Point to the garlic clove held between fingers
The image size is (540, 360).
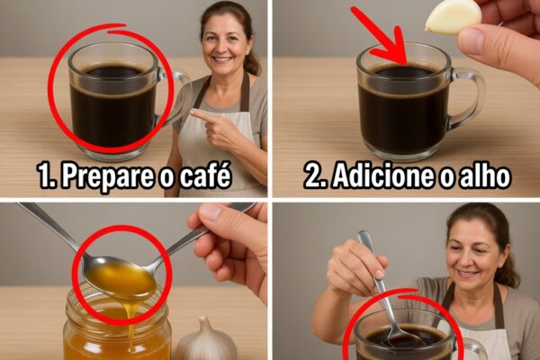pyautogui.click(x=452, y=17)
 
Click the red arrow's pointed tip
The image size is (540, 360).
pyautogui.click(x=407, y=64)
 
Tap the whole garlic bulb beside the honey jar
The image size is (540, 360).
pyautogui.click(x=205, y=340)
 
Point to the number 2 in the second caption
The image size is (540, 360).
pyautogui.click(x=313, y=175)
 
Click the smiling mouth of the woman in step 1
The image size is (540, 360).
pyautogui.click(x=222, y=59)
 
